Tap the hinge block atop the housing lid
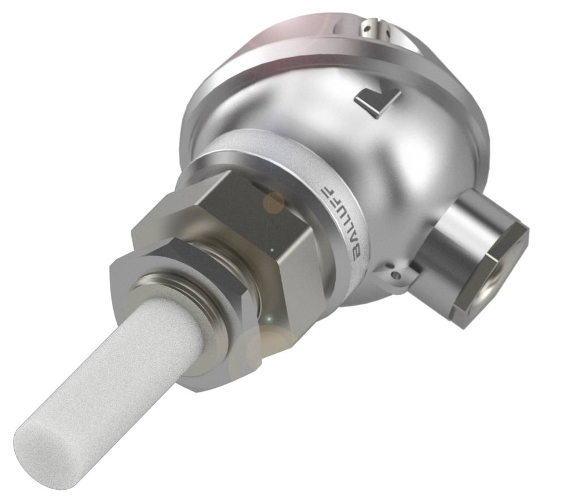(x=376, y=28)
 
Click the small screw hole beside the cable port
(x=396, y=275)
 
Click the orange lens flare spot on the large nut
(x=274, y=201)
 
